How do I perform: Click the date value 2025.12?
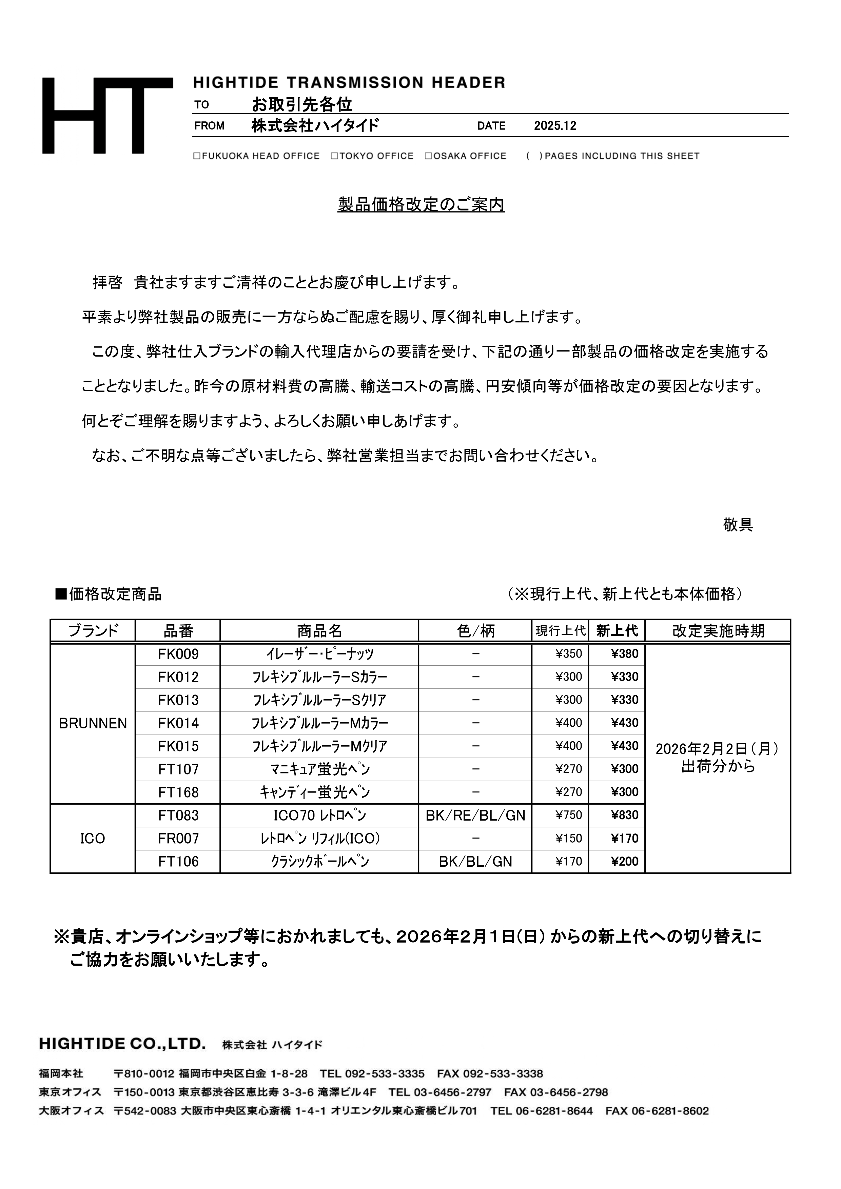click(555, 126)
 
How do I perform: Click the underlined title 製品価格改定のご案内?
click(421, 205)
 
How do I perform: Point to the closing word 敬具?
click(738, 525)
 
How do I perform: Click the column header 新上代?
click(617, 631)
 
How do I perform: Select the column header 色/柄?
click(475, 631)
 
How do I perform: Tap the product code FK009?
click(178, 654)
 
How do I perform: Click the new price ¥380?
click(624, 654)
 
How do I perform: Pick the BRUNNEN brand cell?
click(93, 723)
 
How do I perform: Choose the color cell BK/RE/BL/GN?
click(475, 815)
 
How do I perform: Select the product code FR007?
click(178, 839)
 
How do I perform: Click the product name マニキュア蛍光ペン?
click(319, 769)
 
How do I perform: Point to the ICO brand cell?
click(93, 839)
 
